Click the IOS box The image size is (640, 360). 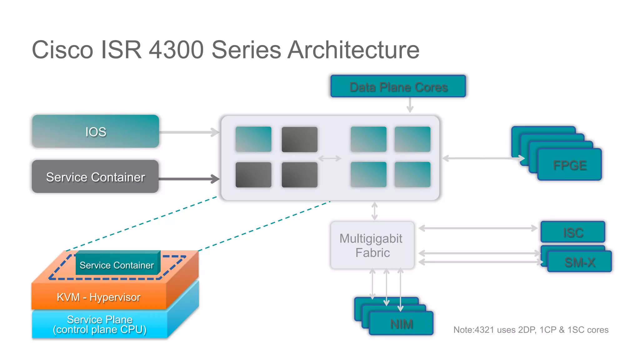pos(96,132)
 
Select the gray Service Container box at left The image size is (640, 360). pos(95,177)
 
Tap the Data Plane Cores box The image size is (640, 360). pos(398,87)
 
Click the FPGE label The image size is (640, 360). pos(569,165)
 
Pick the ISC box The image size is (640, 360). pos(573,232)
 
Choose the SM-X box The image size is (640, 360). pos(580,262)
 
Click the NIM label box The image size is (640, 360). pos(401,324)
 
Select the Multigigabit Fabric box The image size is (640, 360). pos(372,245)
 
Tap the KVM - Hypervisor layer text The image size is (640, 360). pos(98,297)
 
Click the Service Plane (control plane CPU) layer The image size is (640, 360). pos(99,324)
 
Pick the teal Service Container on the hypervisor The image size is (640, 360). pos(117,265)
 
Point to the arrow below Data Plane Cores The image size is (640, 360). pos(410,105)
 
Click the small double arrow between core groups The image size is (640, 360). pos(329,158)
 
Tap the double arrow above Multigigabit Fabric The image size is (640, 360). pos(374,211)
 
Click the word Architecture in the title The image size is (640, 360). pos(353,50)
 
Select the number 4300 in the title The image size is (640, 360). pos(176,50)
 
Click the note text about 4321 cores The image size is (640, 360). pos(531,330)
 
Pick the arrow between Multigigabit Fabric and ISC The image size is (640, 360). pos(478,228)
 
